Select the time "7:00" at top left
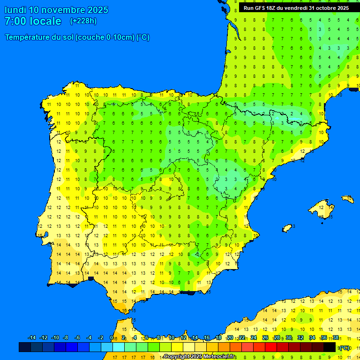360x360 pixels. coord(15,21)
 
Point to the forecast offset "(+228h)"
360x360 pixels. coord(83,21)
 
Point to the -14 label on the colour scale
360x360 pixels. coord(32,337)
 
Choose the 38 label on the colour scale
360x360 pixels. coord(336,337)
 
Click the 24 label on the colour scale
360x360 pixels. coord(254,337)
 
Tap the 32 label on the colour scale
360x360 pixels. coord(300,337)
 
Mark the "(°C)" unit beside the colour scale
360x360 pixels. coord(345,348)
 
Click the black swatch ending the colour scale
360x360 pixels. coord(330,347)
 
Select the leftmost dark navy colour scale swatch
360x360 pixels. coord(25,347)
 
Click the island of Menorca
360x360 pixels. coord(347,199)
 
